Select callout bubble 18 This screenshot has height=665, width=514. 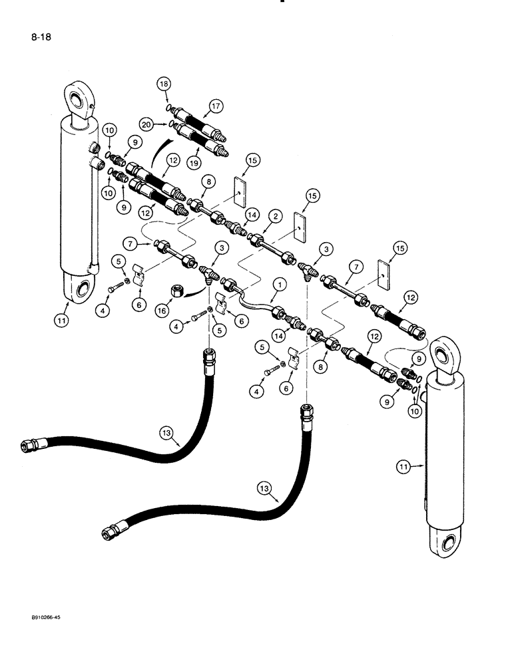coord(163,84)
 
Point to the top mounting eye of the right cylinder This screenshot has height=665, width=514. coord(445,352)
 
